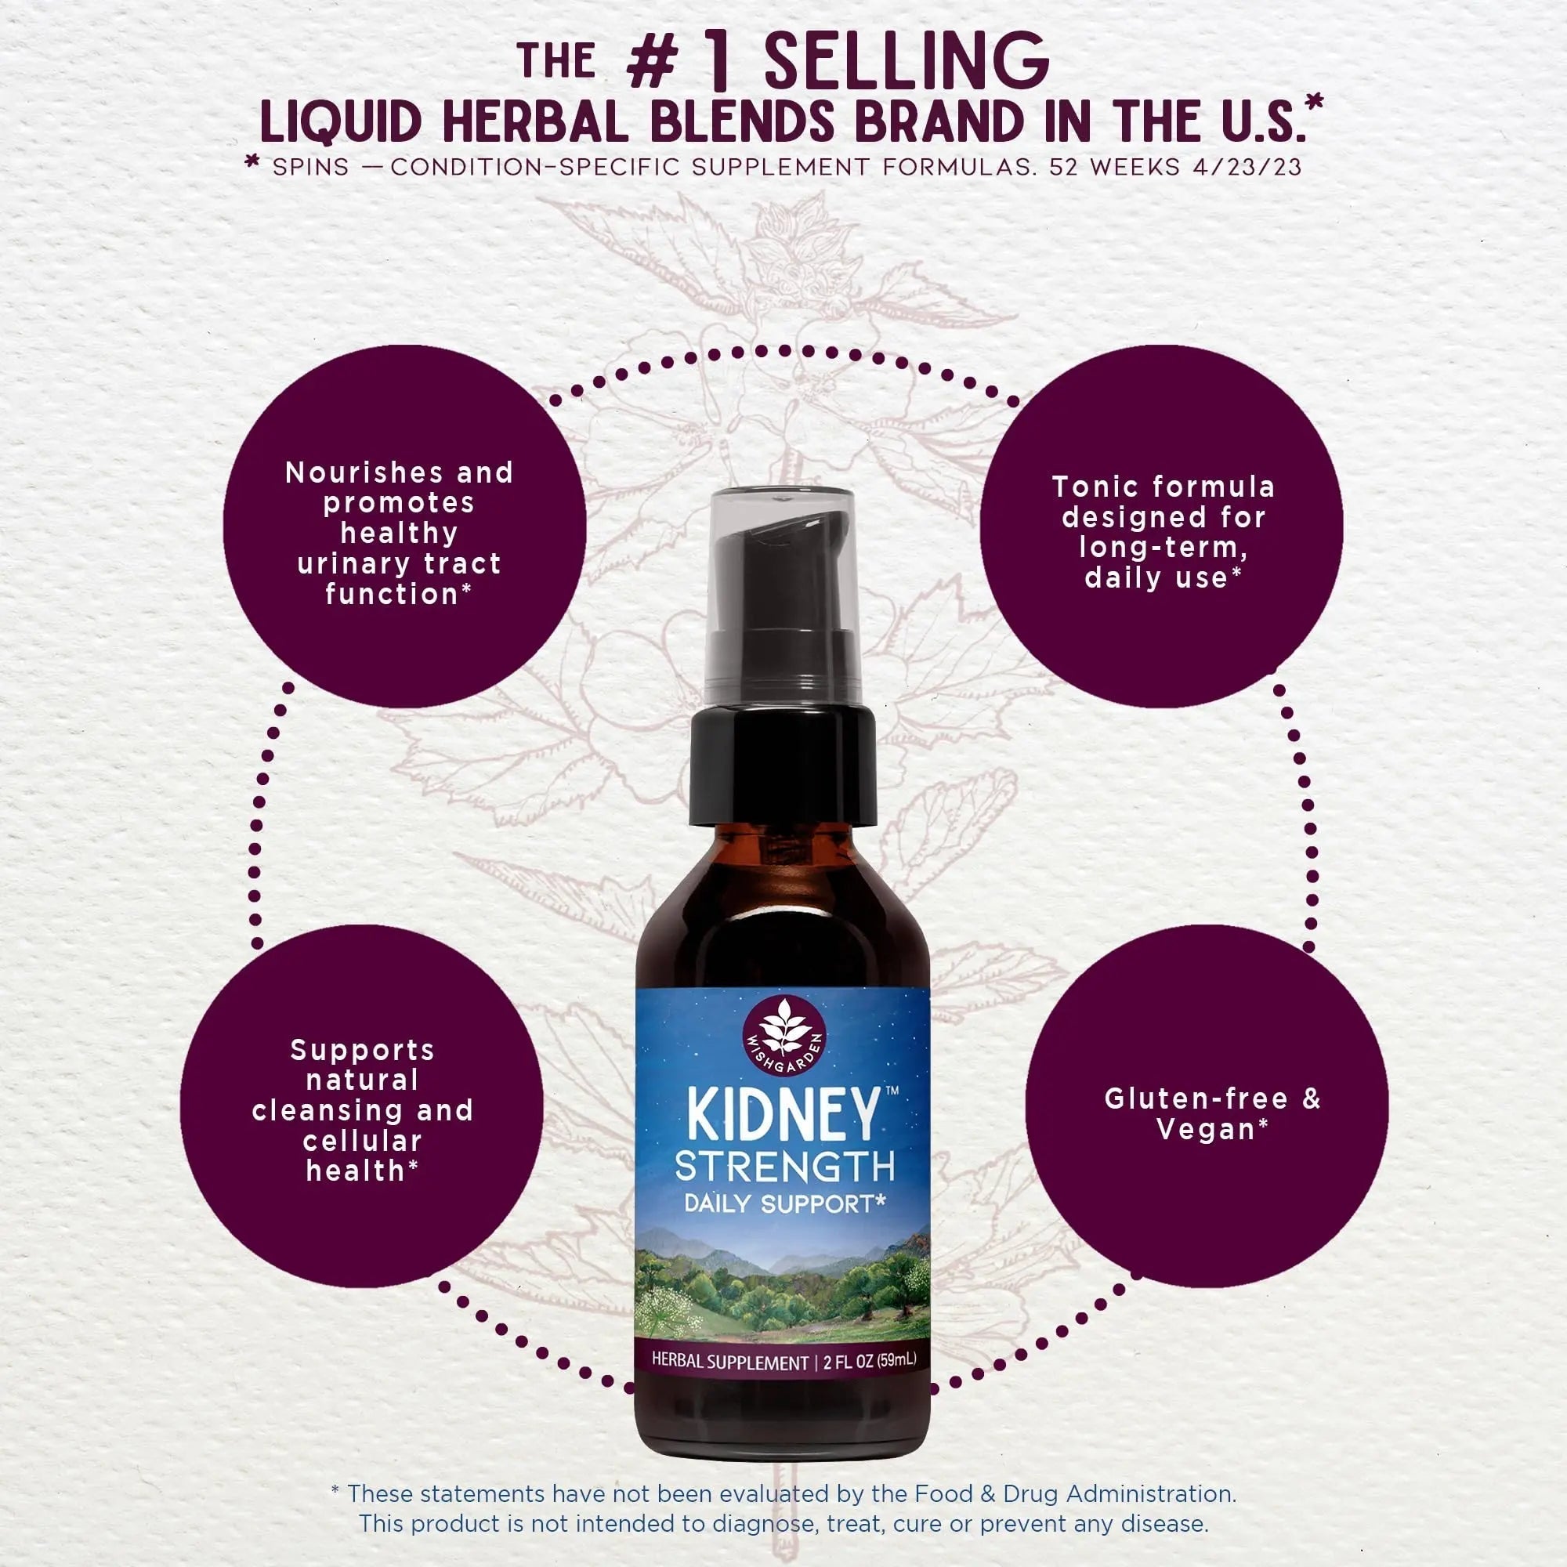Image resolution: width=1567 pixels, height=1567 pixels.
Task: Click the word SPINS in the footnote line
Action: click(x=310, y=168)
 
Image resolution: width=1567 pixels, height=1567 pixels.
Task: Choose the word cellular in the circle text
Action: click(x=362, y=1142)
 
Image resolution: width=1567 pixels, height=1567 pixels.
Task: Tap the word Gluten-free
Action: click(x=1196, y=1100)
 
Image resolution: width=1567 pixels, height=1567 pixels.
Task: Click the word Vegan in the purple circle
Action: click(x=1205, y=1130)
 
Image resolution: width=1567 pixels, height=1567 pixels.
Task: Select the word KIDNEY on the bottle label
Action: click(x=782, y=1116)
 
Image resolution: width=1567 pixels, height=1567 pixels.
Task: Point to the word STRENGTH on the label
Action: click(x=784, y=1167)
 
